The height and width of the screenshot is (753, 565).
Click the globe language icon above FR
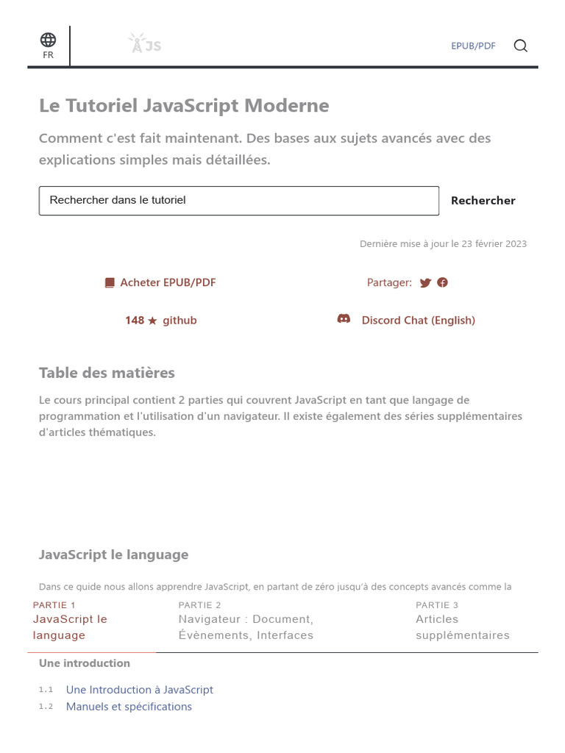tap(48, 40)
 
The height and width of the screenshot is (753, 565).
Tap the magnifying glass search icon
tap(520, 46)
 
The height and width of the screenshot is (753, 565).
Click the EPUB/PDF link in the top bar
tap(473, 46)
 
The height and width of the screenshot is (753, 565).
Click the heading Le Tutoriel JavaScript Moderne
tap(184, 106)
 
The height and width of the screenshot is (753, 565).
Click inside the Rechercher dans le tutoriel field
tap(238, 200)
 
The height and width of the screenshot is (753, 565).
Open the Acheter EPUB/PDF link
tap(168, 282)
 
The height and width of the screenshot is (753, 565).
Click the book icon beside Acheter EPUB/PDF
tap(110, 282)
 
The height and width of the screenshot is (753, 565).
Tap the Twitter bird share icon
tap(425, 282)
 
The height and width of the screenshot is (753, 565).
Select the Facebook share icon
tap(442, 282)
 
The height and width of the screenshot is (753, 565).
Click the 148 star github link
tap(160, 321)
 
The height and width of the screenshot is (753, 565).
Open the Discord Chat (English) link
tap(418, 321)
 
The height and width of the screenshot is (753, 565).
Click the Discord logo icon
tap(344, 319)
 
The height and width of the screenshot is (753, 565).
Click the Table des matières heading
tap(107, 373)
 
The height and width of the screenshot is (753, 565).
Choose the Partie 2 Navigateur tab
tap(246, 627)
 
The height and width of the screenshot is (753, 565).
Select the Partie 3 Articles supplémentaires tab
tap(462, 627)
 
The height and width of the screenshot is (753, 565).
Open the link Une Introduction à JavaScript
tap(139, 690)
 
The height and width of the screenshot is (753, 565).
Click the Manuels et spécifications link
tap(129, 707)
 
